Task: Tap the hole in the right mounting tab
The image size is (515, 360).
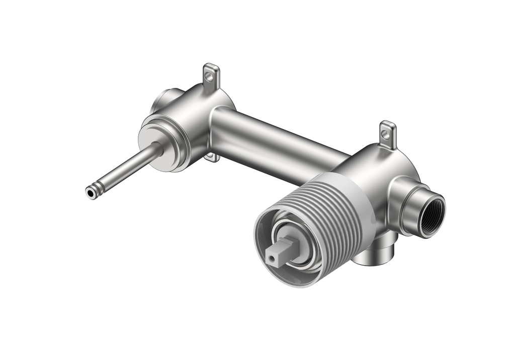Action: point(386,134)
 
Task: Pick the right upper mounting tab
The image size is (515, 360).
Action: point(388,134)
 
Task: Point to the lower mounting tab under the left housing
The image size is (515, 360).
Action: point(212,157)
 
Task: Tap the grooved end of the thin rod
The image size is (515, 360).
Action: point(99,187)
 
